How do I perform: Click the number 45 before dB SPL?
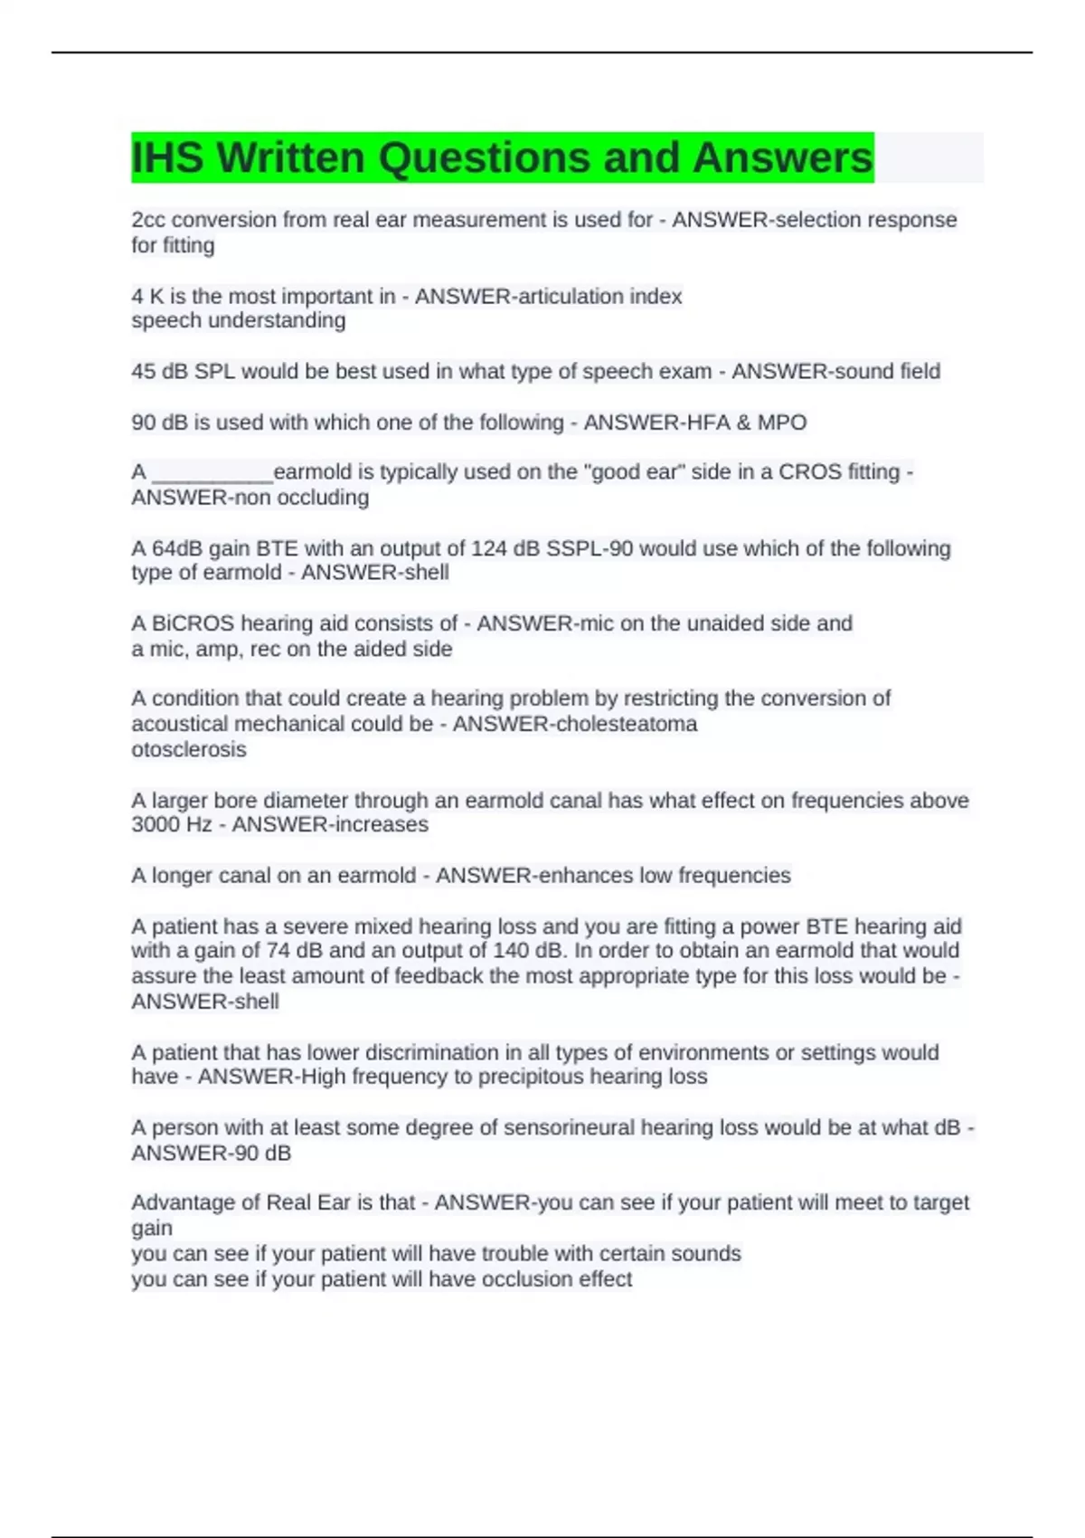[143, 372]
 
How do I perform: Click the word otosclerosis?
[188, 749]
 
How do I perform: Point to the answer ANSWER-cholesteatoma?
[575, 724]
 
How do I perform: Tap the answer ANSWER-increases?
[330, 825]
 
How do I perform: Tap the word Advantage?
[183, 1202]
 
